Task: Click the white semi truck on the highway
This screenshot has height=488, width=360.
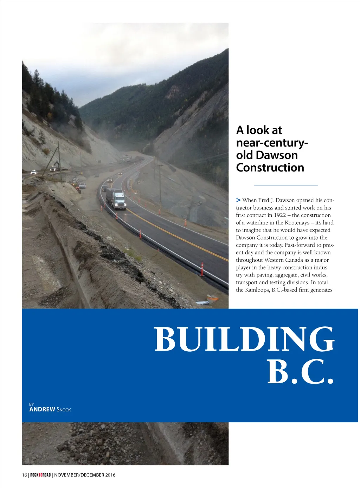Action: pos(117,199)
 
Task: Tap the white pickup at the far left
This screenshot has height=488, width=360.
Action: pos(33,172)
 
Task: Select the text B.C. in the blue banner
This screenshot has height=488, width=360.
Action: pos(300,372)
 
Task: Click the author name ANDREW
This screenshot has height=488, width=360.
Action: pos(42,409)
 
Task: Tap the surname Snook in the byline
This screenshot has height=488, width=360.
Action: pos(64,410)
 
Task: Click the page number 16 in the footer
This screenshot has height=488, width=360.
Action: pos(24,475)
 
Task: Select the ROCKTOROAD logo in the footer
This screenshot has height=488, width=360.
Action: pos(40,475)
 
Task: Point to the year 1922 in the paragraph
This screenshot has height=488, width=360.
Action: pos(280,215)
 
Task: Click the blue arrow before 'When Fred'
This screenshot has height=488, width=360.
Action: pos(238,200)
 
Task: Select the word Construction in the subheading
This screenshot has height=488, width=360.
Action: pos(270,168)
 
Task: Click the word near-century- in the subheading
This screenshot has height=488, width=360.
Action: pos(272,143)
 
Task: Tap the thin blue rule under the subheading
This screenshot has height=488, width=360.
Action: pos(285,185)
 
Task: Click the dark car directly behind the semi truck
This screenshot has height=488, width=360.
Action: pos(105,188)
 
